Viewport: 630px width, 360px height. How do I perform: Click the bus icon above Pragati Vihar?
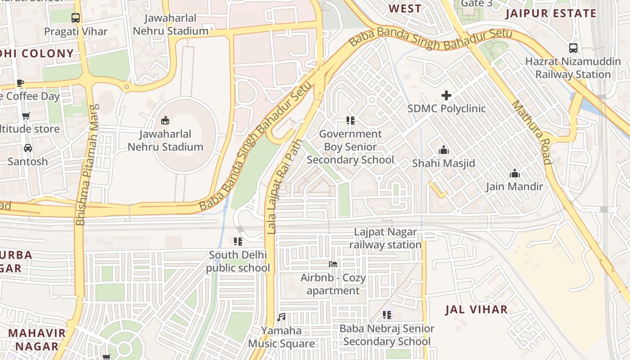point(76,18)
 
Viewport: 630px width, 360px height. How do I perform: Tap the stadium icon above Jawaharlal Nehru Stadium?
point(165,120)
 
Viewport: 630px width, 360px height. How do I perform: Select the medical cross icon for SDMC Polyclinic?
point(446,95)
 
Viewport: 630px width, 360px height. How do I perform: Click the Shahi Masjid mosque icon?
point(444,150)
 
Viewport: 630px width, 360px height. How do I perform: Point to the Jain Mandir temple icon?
point(514,173)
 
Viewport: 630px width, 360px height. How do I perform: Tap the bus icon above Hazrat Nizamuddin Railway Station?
point(573,48)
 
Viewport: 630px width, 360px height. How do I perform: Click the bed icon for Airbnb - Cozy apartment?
point(333,264)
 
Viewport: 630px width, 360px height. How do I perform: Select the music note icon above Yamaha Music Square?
point(281,317)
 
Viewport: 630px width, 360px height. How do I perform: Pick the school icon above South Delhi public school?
point(238,242)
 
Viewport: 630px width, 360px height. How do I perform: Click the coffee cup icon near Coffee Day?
point(20,83)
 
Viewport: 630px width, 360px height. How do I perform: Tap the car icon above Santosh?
point(27,148)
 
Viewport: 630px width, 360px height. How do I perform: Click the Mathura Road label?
point(531,132)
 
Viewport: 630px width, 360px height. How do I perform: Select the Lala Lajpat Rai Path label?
point(278,186)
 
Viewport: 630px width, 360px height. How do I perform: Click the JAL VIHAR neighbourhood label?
point(477,310)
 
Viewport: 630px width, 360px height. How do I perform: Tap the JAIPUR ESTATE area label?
point(551,13)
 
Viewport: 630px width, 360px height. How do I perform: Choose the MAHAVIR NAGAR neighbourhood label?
point(37,340)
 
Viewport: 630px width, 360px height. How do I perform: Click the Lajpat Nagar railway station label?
point(386,238)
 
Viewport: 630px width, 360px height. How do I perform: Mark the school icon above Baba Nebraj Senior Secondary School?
point(387,315)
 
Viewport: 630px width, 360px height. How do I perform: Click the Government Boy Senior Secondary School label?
point(350,147)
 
